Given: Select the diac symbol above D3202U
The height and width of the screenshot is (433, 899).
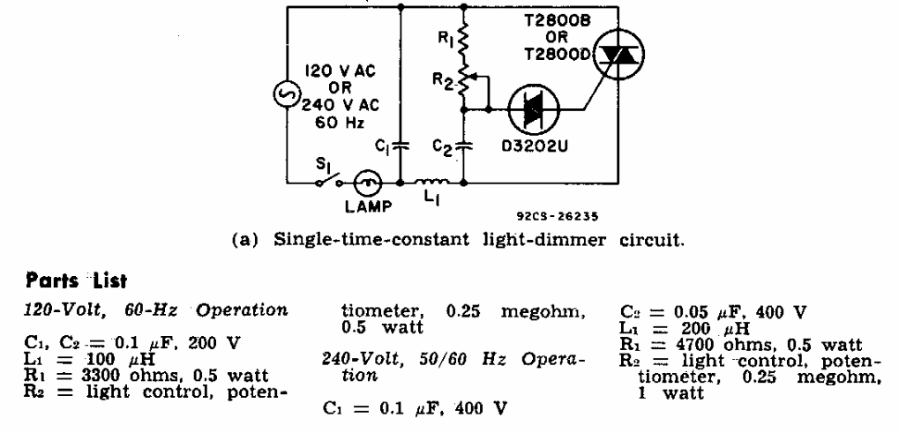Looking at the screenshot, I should [x=534, y=110].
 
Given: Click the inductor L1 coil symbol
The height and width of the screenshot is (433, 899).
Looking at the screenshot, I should [x=436, y=183].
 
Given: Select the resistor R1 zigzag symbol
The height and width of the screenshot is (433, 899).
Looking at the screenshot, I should [x=464, y=40].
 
